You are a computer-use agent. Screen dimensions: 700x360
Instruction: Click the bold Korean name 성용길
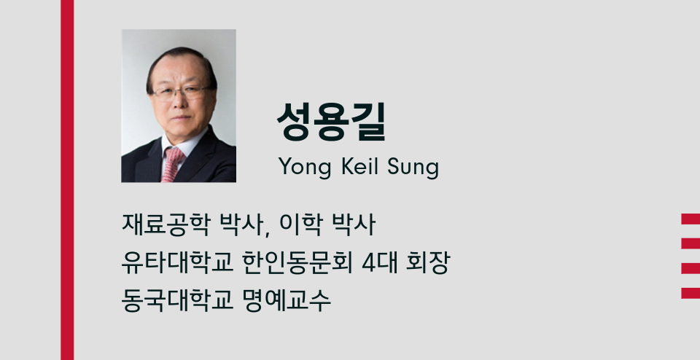click(x=331, y=122)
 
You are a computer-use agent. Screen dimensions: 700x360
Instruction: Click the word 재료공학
click(x=165, y=225)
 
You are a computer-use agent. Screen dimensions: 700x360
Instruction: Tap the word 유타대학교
click(x=177, y=263)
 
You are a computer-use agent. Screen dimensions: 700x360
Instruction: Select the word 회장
click(x=428, y=263)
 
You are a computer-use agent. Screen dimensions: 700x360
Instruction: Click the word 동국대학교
click(x=177, y=301)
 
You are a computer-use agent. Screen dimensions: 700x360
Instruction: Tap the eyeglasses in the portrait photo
click(x=182, y=93)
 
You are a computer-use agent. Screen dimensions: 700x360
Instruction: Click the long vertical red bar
click(x=67, y=180)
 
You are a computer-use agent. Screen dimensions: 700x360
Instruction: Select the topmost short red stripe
click(x=691, y=219)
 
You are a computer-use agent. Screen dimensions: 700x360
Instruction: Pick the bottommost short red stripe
click(x=691, y=293)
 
